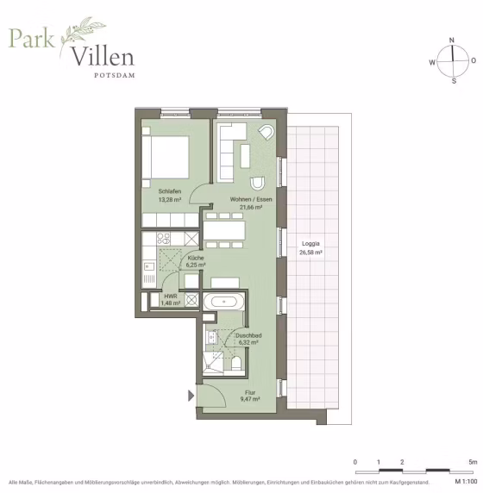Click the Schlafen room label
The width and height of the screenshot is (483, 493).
coord(170,191)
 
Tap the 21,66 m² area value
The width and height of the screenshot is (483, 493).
coord(251,208)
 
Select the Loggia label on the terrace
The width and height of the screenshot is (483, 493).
coord(310,244)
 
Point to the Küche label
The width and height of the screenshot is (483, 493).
coord(196,258)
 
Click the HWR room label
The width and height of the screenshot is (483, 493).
coord(171,296)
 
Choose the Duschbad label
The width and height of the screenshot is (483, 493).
coord(248,335)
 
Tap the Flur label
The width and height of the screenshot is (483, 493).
coord(250,392)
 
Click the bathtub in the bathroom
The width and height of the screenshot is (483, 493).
coord(223,303)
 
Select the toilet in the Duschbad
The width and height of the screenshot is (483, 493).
coord(236,364)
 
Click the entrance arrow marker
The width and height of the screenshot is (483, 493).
coord(191,396)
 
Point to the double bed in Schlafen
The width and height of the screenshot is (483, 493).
coord(166,157)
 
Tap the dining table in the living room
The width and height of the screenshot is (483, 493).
coord(224,230)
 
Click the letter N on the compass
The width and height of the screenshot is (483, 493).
coord(452,40)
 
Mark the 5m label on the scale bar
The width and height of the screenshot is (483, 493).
coord(473,462)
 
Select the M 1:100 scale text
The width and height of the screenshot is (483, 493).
coord(466,482)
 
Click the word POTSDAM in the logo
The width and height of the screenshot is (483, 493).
coord(115,75)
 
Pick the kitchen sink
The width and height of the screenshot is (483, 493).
coord(149,266)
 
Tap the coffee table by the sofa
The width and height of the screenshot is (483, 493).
coord(245,156)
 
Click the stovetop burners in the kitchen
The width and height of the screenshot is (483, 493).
coord(164,239)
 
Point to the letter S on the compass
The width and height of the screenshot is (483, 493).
coord(454,81)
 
